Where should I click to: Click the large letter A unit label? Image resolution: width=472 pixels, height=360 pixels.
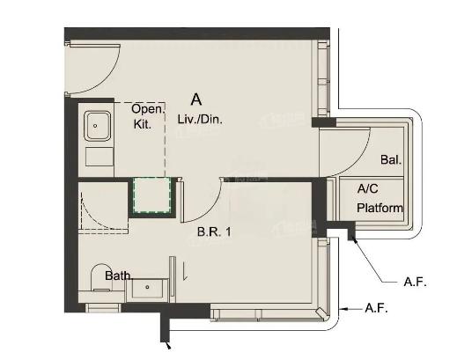196,99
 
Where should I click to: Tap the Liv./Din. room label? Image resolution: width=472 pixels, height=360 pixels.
200,119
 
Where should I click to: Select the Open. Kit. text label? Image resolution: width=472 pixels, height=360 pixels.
148,116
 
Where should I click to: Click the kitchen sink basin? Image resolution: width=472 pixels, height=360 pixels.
97,126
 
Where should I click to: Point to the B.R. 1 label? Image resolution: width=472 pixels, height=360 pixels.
214,231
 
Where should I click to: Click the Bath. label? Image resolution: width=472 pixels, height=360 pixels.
119,276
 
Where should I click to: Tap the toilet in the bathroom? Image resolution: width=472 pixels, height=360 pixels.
102,278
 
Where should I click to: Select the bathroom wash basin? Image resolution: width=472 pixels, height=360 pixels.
148,289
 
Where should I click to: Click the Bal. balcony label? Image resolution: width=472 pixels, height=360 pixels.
391,159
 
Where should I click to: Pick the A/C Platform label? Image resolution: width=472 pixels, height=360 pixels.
380,198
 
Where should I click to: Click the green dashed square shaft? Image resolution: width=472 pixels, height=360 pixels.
152,195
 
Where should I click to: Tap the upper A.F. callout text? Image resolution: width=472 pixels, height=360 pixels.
415,282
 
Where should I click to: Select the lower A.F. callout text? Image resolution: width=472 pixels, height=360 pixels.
376,308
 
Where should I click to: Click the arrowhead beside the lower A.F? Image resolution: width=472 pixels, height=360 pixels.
343,309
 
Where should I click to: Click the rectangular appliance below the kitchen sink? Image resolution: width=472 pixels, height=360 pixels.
100,157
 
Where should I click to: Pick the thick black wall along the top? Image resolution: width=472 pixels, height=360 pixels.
197,33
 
